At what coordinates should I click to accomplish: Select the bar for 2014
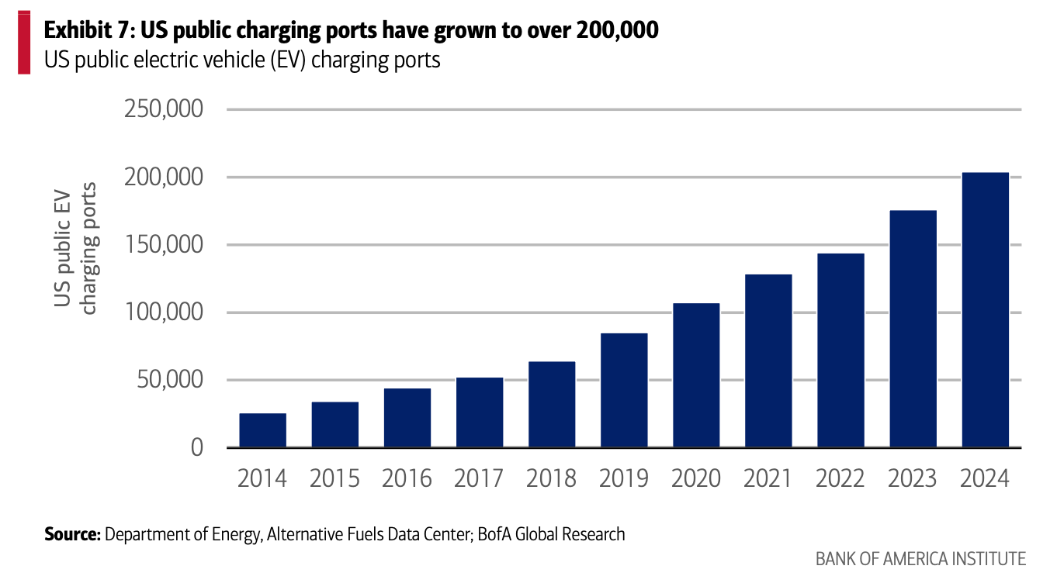coord(262,430)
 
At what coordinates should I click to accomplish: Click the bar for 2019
coord(624,391)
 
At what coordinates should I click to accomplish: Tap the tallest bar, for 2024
coord(985,310)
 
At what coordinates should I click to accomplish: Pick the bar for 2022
coord(840,350)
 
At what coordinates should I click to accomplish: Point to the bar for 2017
coord(480,412)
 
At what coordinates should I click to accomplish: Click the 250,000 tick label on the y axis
coord(164,109)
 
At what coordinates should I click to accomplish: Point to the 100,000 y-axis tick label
coord(164,312)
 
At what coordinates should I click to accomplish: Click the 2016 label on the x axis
coord(407,478)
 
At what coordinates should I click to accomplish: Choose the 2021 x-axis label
coord(768,478)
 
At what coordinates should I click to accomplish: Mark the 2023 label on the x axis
coord(913,478)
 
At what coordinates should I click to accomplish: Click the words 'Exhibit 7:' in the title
coord(88,31)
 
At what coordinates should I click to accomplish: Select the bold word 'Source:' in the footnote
coord(72,534)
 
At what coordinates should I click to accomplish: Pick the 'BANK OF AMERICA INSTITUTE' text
coord(920,559)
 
